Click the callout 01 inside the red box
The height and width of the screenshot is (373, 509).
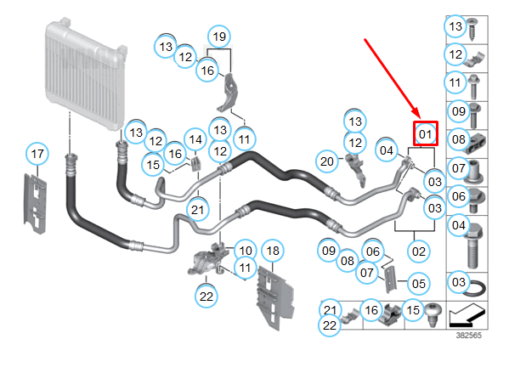coord(425,133)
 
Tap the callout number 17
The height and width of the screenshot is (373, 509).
coord(37,154)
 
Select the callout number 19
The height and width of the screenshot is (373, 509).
coord(219,36)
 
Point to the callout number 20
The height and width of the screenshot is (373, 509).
coord(327,161)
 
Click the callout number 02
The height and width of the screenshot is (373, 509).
coord(418,251)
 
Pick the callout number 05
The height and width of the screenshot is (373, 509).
coord(418,284)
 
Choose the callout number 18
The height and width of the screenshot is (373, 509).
coord(273,251)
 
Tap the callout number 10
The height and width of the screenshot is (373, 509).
coord(246,251)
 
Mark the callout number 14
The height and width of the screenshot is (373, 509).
coord(195,139)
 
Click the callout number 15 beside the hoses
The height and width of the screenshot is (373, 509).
coord(153,164)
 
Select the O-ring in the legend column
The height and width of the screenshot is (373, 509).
coord(474,288)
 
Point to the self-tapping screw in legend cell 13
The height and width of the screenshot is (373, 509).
coord(472,29)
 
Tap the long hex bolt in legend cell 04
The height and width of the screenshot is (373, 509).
coord(474,246)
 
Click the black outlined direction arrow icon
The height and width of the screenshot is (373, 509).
coord(467,315)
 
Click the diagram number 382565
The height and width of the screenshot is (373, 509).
coord(469,336)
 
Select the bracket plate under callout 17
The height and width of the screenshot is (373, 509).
coord(35,204)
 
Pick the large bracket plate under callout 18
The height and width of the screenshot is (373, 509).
coord(275,297)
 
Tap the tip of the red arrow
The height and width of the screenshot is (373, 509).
coord(421,118)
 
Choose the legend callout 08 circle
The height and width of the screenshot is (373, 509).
coord(458,139)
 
